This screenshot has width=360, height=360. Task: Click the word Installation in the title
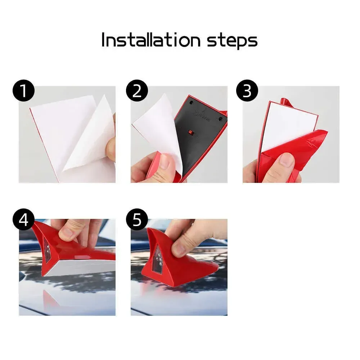[151, 40]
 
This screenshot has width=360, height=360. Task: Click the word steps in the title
[232, 41]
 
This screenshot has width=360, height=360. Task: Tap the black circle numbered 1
[24, 91]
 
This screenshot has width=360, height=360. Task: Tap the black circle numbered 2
[137, 91]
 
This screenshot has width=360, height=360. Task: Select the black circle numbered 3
[247, 91]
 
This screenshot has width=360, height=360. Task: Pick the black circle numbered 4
[24, 220]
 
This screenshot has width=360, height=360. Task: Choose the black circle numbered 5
[137, 220]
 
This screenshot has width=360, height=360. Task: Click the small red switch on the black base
[190, 132]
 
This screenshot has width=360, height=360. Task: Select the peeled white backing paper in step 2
[158, 133]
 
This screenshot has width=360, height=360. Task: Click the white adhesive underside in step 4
[79, 267]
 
